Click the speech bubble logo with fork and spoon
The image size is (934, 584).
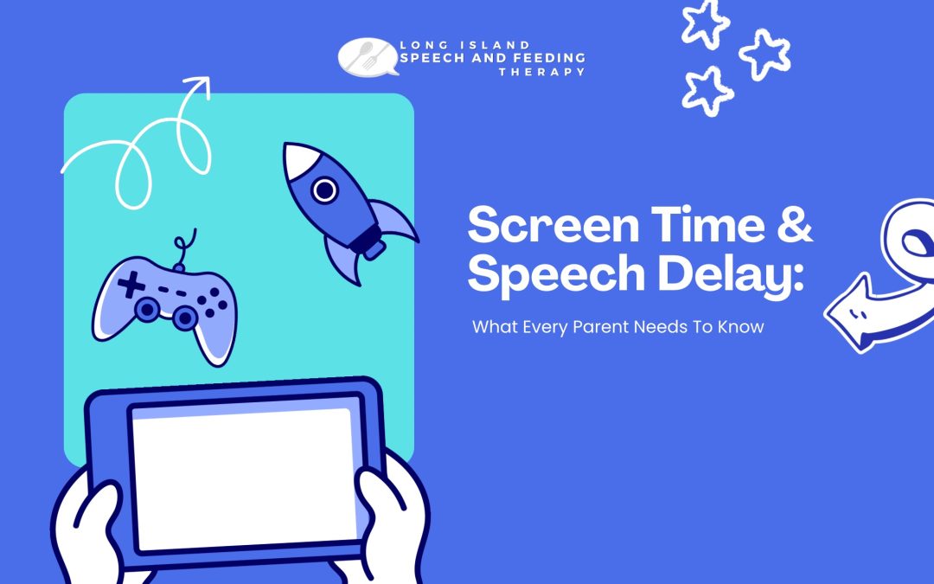(x=368, y=57)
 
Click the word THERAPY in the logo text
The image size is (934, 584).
(x=542, y=72)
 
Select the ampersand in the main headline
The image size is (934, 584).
(x=795, y=225)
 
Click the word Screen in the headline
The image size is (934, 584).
(x=553, y=225)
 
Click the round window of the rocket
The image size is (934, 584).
(x=324, y=190)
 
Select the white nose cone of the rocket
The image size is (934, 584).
(x=299, y=160)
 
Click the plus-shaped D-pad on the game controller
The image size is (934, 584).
(x=131, y=285)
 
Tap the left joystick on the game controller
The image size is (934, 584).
(x=146, y=309)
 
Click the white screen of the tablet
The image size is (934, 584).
(x=244, y=477)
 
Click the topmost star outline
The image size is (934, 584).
(x=706, y=24)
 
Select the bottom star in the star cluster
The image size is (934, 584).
(x=707, y=92)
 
